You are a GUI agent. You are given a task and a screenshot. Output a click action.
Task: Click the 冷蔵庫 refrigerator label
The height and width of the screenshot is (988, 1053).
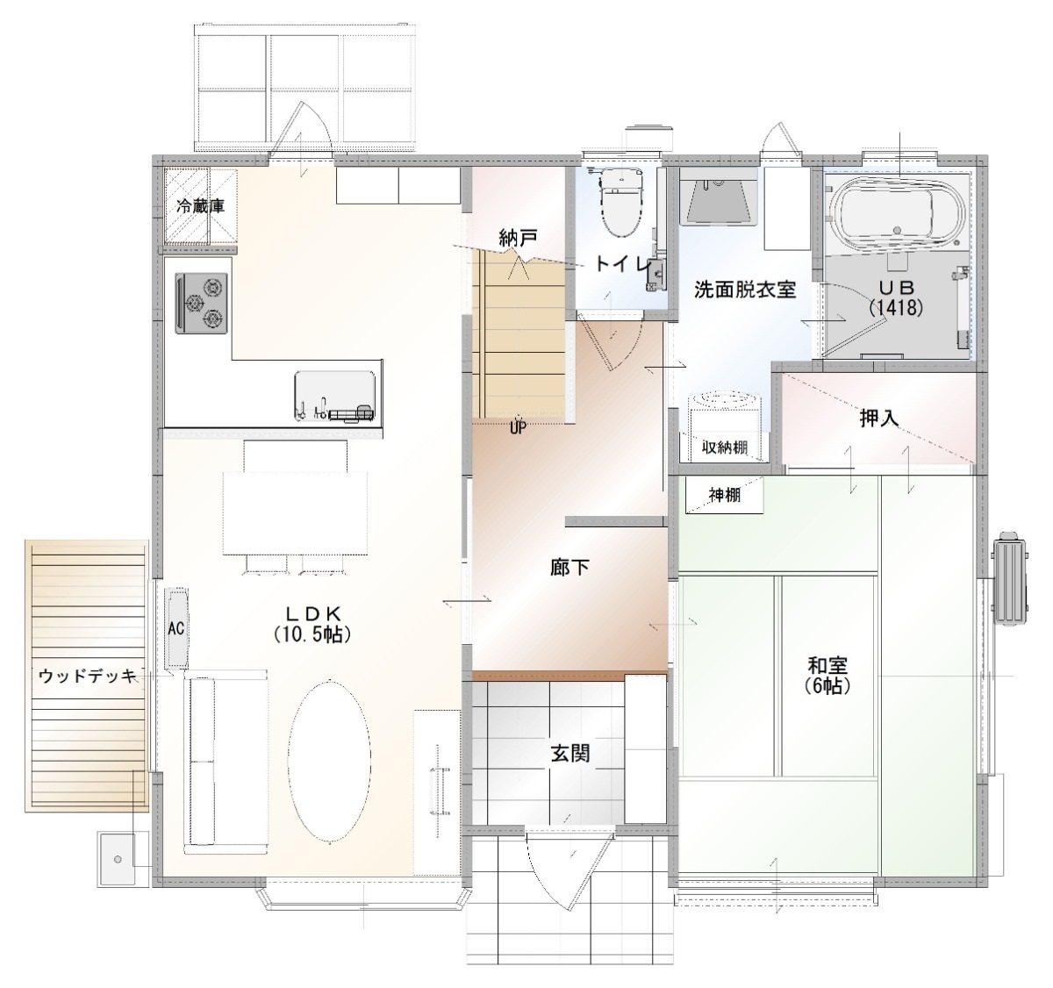(x=200, y=206)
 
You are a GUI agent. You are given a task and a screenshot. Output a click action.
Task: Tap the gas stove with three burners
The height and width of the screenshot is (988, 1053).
(x=202, y=304)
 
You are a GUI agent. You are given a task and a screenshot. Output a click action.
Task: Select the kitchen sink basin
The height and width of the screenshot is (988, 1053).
(x=335, y=397)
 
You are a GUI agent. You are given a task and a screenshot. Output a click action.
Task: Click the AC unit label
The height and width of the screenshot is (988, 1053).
(x=176, y=628)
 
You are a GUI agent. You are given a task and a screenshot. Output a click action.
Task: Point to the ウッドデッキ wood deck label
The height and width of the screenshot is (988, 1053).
(x=88, y=677)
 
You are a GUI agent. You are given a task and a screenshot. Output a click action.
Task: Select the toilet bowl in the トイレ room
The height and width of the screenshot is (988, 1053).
(x=621, y=203)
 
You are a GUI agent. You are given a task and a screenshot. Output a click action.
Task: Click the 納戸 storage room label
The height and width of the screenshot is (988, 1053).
(x=518, y=238)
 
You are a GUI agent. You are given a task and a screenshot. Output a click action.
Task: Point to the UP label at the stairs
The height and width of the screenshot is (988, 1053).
(x=518, y=428)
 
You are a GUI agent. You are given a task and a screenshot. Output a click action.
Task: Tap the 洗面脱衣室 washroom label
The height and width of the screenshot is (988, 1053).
(x=745, y=290)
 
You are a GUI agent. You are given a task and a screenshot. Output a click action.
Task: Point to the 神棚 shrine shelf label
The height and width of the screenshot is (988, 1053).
(x=725, y=496)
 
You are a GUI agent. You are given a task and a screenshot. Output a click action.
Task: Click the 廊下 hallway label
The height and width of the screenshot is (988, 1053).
(x=570, y=569)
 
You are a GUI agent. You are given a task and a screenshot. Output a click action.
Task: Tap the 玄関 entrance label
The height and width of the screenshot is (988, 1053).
(x=570, y=754)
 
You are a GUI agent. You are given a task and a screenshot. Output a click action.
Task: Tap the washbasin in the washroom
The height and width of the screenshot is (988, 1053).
(x=720, y=204)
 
